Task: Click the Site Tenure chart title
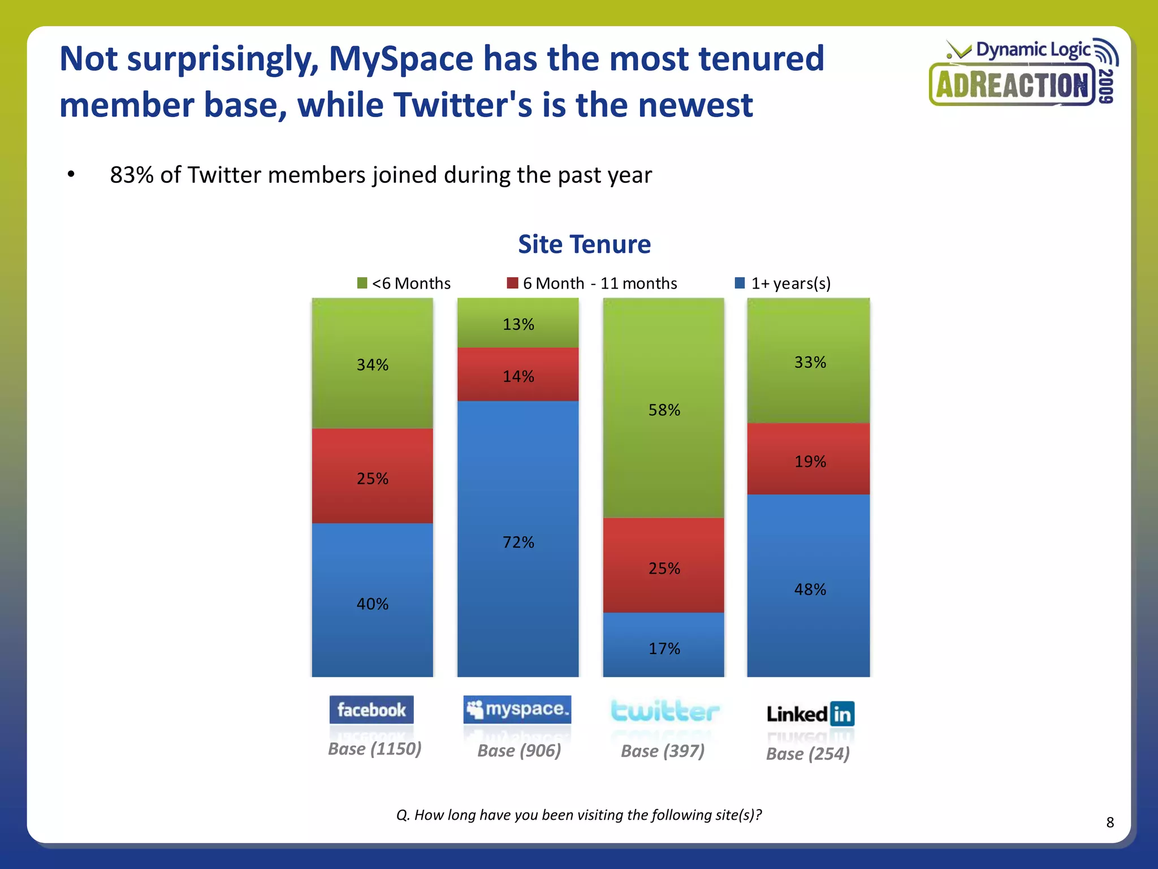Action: pos(584,244)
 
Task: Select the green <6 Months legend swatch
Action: pos(362,283)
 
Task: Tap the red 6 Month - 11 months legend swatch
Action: pos(512,283)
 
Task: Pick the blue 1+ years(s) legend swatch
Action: pos(740,283)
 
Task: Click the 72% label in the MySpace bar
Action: pos(518,542)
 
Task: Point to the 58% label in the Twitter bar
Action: pos(664,410)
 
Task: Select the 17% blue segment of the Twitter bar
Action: pos(664,645)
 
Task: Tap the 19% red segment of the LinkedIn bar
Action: pos(809,459)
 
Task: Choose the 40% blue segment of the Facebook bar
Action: pos(372,600)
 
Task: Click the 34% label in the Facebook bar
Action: pos(372,365)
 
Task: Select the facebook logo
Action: pos(371,709)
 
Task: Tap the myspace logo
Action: pos(517,709)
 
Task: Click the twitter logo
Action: pos(665,711)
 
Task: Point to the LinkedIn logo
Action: pos(810,714)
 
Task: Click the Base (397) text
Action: pos(663,751)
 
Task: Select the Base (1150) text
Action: pos(374,748)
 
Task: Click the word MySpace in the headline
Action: pos(401,58)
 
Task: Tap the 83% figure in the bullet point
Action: pos(131,175)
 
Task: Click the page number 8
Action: pos(1110,822)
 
